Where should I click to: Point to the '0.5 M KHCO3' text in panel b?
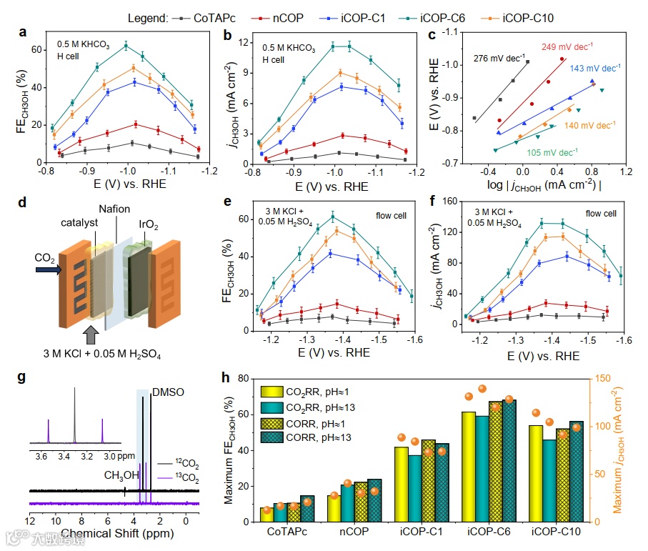[287, 48]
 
